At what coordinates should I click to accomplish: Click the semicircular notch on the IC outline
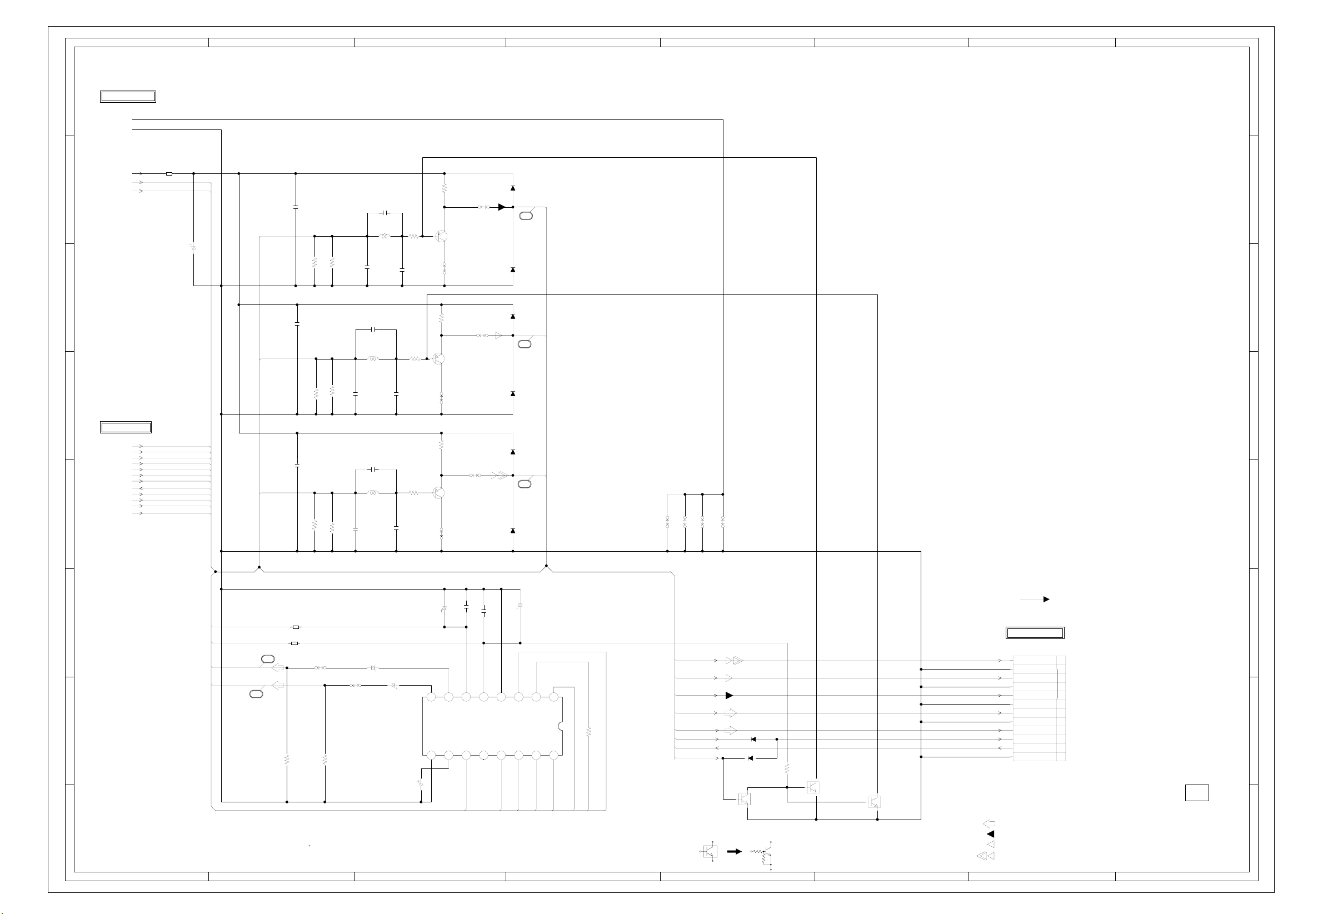pyautogui.click(x=561, y=726)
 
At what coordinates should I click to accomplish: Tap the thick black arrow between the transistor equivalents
pyautogui.click(x=733, y=852)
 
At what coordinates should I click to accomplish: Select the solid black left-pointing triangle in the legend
pyautogui.click(x=990, y=834)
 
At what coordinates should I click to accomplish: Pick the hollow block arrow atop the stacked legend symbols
pyautogui.click(x=988, y=823)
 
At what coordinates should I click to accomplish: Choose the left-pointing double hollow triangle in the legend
pyautogui.click(x=985, y=856)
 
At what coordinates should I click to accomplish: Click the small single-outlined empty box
pyautogui.click(x=1196, y=792)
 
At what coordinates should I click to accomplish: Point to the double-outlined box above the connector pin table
pyautogui.click(x=1035, y=633)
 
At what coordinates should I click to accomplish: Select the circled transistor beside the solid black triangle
pyautogui.click(x=441, y=236)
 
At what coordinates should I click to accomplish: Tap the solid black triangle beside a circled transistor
pyautogui.click(x=502, y=207)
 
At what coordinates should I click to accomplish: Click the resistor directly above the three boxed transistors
pyautogui.click(x=787, y=768)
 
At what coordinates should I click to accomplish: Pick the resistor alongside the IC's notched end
pyautogui.click(x=588, y=732)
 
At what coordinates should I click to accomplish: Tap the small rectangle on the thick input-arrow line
pyautogui.click(x=169, y=173)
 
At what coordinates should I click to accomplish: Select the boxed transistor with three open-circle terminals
pyautogui.click(x=710, y=852)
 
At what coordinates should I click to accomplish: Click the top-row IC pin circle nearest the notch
pyautogui.click(x=553, y=697)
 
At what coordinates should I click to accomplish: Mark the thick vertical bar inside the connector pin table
pyautogui.click(x=1057, y=678)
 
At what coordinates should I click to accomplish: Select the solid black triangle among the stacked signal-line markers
pyautogui.click(x=729, y=695)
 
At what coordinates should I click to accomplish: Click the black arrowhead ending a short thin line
pyautogui.click(x=1046, y=599)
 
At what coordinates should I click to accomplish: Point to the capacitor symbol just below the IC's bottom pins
pyautogui.click(x=421, y=783)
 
